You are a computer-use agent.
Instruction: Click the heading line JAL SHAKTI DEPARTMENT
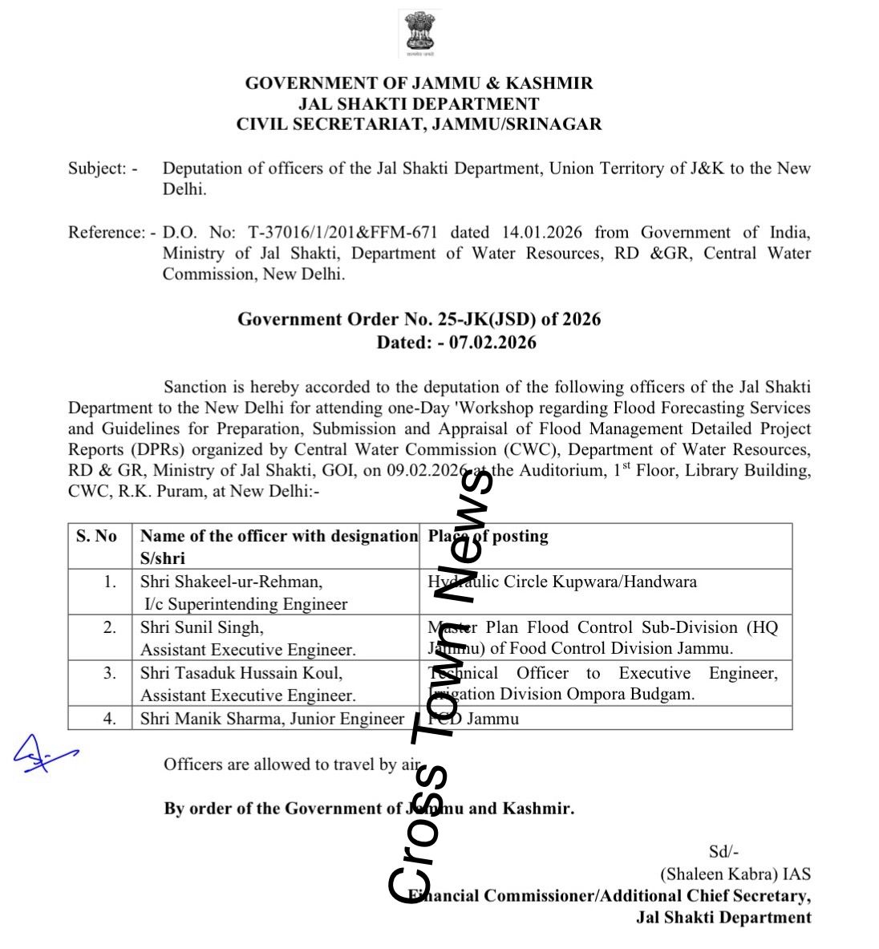(x=419, y=103)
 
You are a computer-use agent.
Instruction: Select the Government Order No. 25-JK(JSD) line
(x=419, y=319)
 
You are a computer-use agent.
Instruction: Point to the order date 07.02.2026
(x=492, y=343)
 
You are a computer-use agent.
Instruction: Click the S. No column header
(x=96, y=537)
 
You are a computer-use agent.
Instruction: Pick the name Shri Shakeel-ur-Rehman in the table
(x=231, y=582)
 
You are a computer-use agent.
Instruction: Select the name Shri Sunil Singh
(x=201, y=627)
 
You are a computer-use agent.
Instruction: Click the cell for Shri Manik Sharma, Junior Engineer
(x=272, y=719)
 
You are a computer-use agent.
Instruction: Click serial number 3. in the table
(x=110, y=673)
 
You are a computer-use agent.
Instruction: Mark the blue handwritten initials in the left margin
(x=43, y=754)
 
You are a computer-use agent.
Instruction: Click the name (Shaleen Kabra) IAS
(x=735, y=874)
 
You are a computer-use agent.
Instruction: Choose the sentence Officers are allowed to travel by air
(x=292, y=764)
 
